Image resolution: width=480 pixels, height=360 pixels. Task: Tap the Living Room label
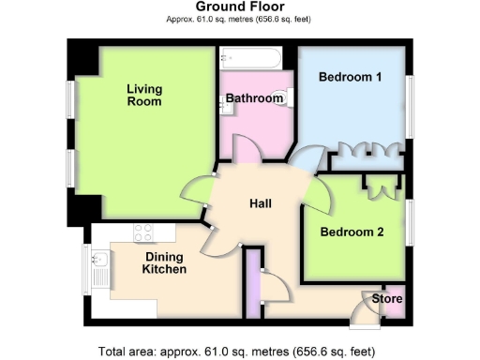click(144, 96)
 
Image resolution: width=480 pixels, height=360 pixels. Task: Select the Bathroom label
click(254, 98)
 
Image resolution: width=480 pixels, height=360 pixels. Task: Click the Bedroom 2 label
click(352, 232)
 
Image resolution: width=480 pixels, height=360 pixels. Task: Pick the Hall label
click(261, 203)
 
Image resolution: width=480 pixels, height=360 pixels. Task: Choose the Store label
click(387, 299)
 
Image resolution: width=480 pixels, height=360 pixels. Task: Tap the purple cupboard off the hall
click(251, 281)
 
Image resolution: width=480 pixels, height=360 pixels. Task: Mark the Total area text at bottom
click(240, 352)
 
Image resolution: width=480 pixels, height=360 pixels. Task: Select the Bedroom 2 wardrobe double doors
click(382, 187)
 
